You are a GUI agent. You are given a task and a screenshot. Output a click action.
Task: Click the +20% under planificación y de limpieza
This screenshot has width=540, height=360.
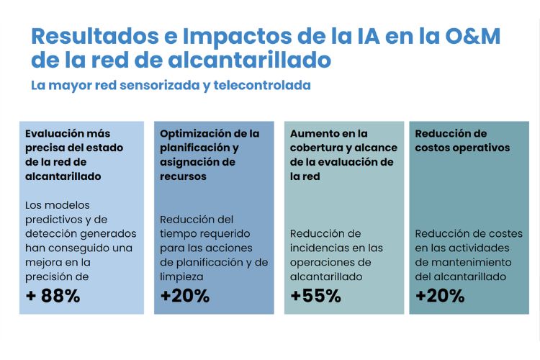tap(184, 296)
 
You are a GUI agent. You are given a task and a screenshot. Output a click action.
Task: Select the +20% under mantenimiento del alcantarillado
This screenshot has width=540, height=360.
tap(440, 296)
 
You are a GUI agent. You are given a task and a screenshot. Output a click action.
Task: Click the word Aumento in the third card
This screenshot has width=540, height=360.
tap(313, 133)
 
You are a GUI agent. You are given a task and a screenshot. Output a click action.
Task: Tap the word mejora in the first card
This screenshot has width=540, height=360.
tap(46, 262)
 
